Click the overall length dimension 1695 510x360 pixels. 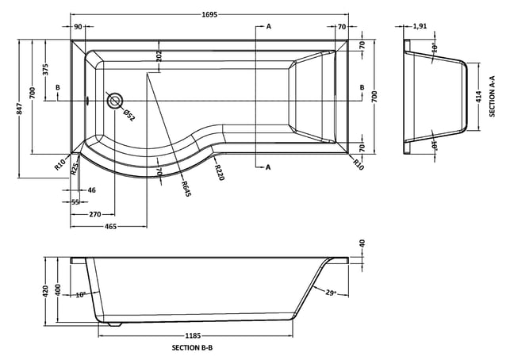pyautogui.click(x=209, y=14)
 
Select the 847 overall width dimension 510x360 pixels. pyautogui.click(x=20, y=109)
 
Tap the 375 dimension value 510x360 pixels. pyautogui.click(x=45, y=69)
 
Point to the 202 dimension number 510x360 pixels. pyautogui.click(x=159, y=56)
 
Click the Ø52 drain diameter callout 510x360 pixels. pyautogui.click(x=129, y=116)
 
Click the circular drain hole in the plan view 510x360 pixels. pyautogui.click(x=114, y=101)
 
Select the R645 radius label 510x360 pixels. pyautogui.click(x=186, y=189)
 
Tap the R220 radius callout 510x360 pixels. pyautogui.click(x=220, y=172)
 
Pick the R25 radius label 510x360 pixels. pyautogui.click(x=75, y=169)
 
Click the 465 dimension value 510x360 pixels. pyautogui.click(x=111, y=227)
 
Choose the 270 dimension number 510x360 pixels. pyautogui.click(x=95, y=214)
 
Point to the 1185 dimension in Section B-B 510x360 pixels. pyautogui.click(x=193, y=335)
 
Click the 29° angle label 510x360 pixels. pyautogui.click(x=331, y=293)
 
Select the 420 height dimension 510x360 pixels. pyautogui.click(x=45, y=291)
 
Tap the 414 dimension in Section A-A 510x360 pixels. pyautogui.click(x=478, y=97)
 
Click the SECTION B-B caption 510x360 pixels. pyautogui.click(x=192, y=347)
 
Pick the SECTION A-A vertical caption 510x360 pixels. pyautogui.click(x=492, y=96)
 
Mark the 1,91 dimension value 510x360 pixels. pyautogui.click(x=420, y=26)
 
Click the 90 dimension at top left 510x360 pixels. pyautogui.click(x=78, y=27)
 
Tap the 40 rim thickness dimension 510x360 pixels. pyautogui.click(x=362, y=243)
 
